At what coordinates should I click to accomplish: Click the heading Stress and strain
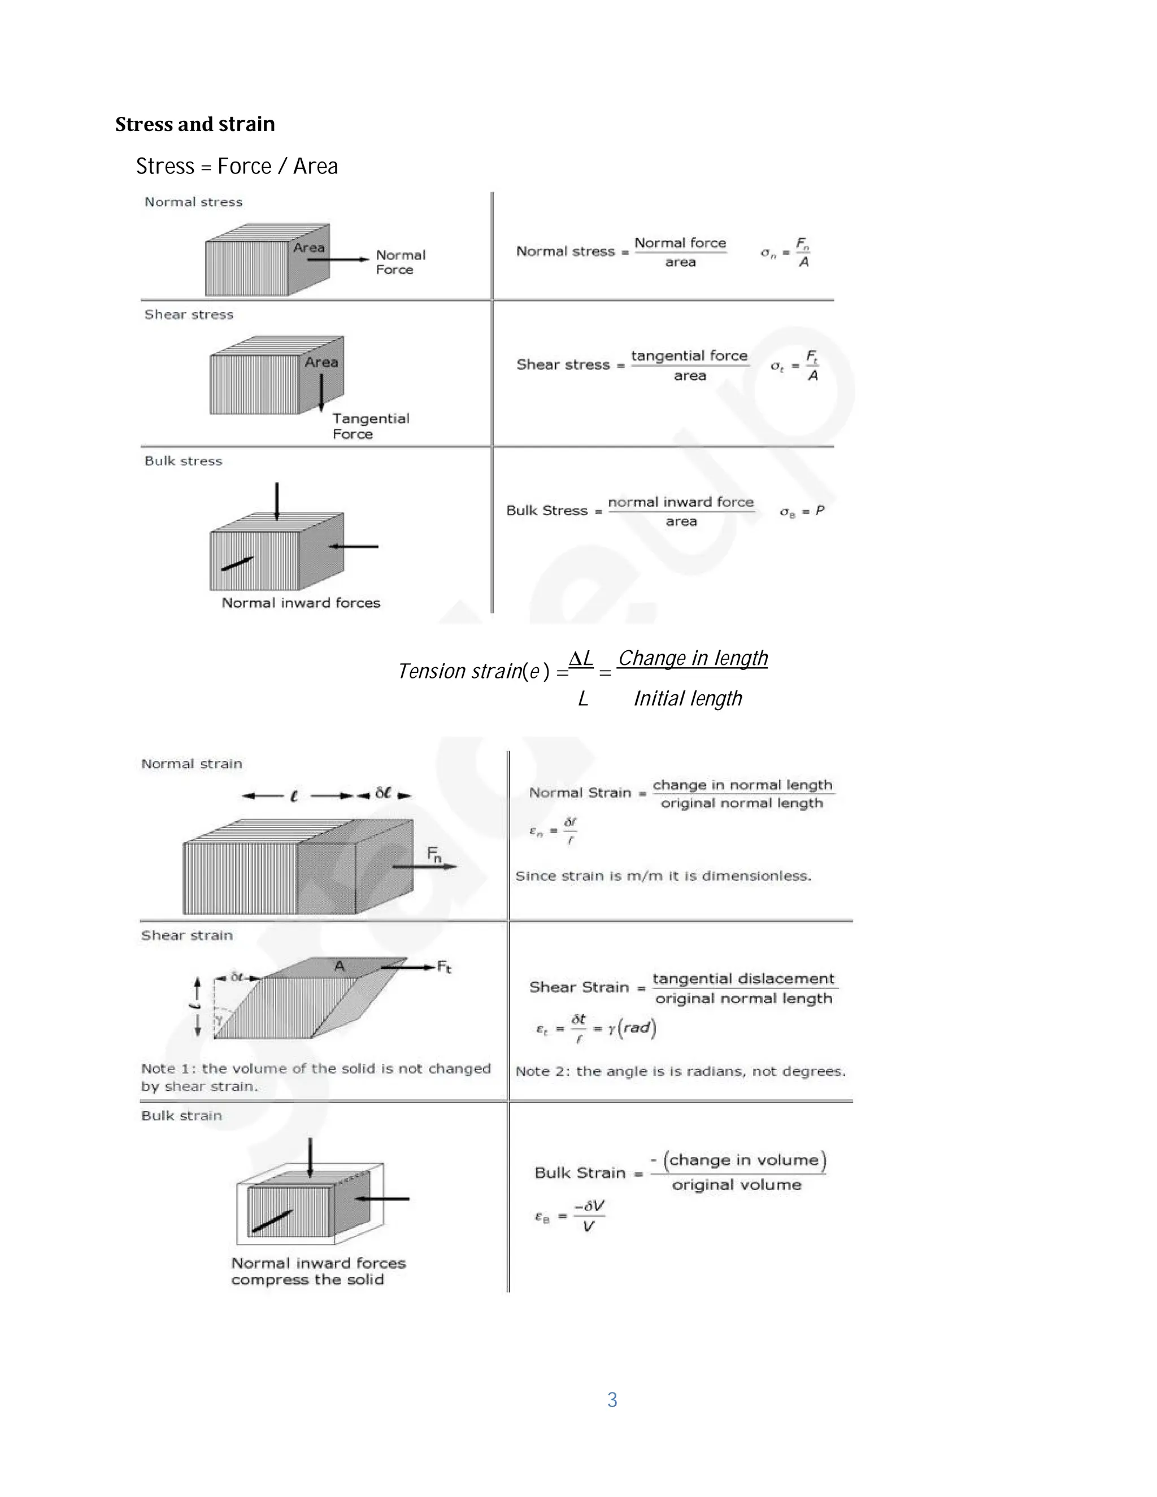point(195,124)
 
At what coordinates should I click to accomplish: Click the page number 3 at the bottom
point(612,1400)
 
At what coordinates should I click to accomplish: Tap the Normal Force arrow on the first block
point(338,259)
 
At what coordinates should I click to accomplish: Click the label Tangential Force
point(370,426)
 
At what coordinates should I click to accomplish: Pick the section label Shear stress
point(189,315)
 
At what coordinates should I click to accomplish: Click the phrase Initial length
point(688,698)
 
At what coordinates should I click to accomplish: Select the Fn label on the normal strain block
point(434,854)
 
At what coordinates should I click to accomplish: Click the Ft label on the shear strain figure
point(444,967)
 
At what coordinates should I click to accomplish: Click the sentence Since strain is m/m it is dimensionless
point(663,876)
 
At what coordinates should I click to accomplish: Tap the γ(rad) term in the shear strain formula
point(632,1028)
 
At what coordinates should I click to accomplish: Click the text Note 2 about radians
point(680,1071)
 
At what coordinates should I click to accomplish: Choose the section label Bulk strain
point(182,1116)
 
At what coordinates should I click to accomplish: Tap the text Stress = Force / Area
point(237,167)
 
